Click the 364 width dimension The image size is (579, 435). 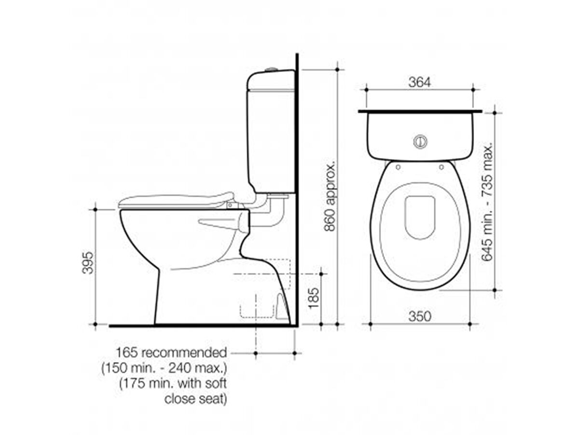click(419, 82)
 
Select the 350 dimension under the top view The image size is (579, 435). click(419, 316)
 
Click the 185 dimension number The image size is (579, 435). click(313, 299)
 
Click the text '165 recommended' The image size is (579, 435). click(171, 352)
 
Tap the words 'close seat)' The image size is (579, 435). click(195, 399)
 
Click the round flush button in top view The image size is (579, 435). click(420, 141)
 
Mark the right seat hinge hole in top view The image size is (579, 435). click(442, 167)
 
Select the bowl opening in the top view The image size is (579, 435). click(420, 217)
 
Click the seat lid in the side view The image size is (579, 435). click(176, 200)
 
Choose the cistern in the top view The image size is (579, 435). click(420, 135)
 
